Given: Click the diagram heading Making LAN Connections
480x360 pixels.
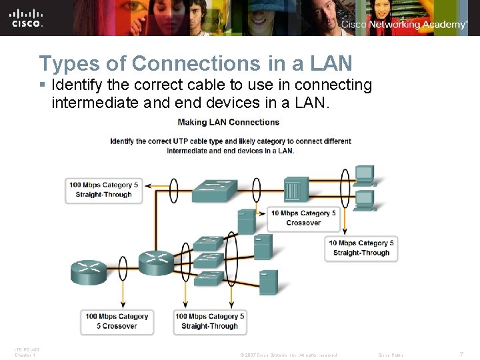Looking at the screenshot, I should click(229, 122).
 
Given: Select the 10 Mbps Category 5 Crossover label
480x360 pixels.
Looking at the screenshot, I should click(303, 218).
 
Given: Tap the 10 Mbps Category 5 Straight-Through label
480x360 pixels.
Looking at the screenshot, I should click(361, 248).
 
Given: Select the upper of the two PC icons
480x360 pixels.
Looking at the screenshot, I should click(365, 175).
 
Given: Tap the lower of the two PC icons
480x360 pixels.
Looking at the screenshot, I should click(365, 199).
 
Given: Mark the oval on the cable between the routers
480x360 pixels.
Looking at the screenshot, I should click(123, 267).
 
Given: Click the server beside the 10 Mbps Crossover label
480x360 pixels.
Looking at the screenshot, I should click(246, 221).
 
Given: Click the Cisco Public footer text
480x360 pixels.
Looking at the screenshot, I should click(391, 355).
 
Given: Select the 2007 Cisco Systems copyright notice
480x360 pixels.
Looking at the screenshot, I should click(288, 355).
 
